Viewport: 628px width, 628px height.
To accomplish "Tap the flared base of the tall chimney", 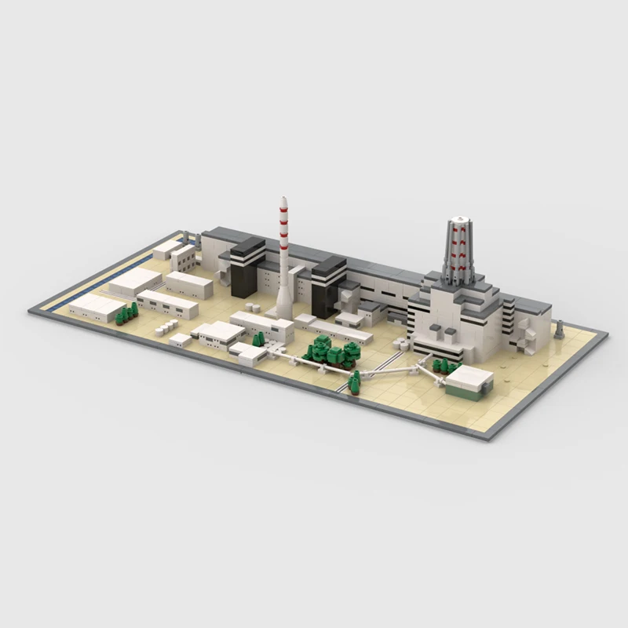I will pos(283,308).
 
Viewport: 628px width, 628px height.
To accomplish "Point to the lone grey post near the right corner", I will pos(559,330).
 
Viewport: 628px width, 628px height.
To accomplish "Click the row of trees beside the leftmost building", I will pos(126,313).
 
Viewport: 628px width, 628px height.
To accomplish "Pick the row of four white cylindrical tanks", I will pos(165,326).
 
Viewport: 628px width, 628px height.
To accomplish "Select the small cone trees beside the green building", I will pos(445,365).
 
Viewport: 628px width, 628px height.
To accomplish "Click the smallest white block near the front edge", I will pos(180,340).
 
